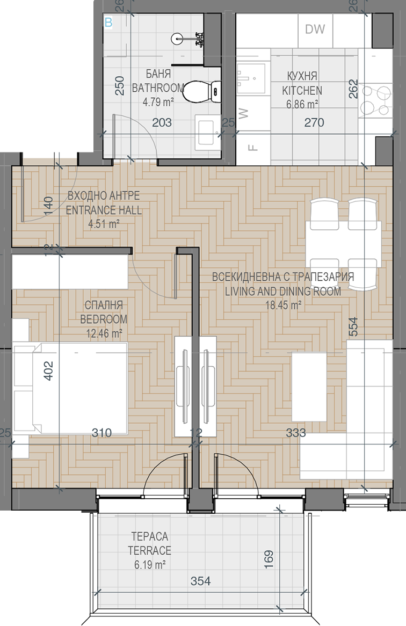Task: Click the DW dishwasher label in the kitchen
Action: click(315, 29)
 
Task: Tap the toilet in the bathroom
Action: click(202, 91)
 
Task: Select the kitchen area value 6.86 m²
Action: click(302, 105)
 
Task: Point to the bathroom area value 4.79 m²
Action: click(158, 102)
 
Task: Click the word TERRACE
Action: click(150, 550)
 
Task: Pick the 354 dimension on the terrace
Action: click(200, 581)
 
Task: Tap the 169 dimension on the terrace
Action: click(269, 560)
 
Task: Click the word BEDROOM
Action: click(104, 319)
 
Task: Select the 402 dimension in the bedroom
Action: click(48, 371)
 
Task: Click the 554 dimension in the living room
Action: click(353, 326)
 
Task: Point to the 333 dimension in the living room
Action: click(296, 432)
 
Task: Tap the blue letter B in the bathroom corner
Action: click(108, 23)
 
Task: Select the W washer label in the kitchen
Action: click(243, 113)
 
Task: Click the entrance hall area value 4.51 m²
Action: click(104, 223)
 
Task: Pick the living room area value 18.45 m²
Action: click(283, 305)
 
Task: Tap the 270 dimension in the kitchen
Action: click(314, 122)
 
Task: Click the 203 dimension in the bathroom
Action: click(162, 122)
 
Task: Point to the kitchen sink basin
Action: click(251, 78)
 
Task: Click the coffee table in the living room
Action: click(309, 386)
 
